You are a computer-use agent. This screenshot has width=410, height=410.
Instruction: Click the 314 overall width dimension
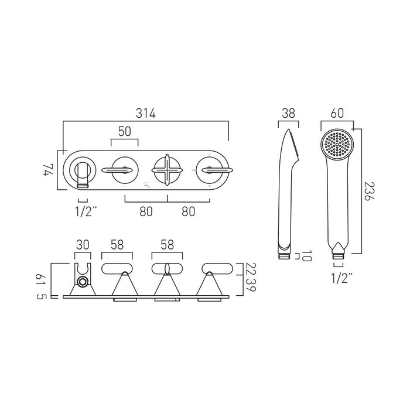click(x=145, y=114)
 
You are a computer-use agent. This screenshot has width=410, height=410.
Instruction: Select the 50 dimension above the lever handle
click(x=124, y=132)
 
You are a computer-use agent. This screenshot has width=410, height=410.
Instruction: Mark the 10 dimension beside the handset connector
click(x=308, y=255)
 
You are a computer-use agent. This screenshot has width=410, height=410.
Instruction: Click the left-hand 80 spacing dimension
click(x=146, y=212)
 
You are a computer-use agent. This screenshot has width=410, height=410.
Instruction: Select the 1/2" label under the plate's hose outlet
click(x=83, y=211)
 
